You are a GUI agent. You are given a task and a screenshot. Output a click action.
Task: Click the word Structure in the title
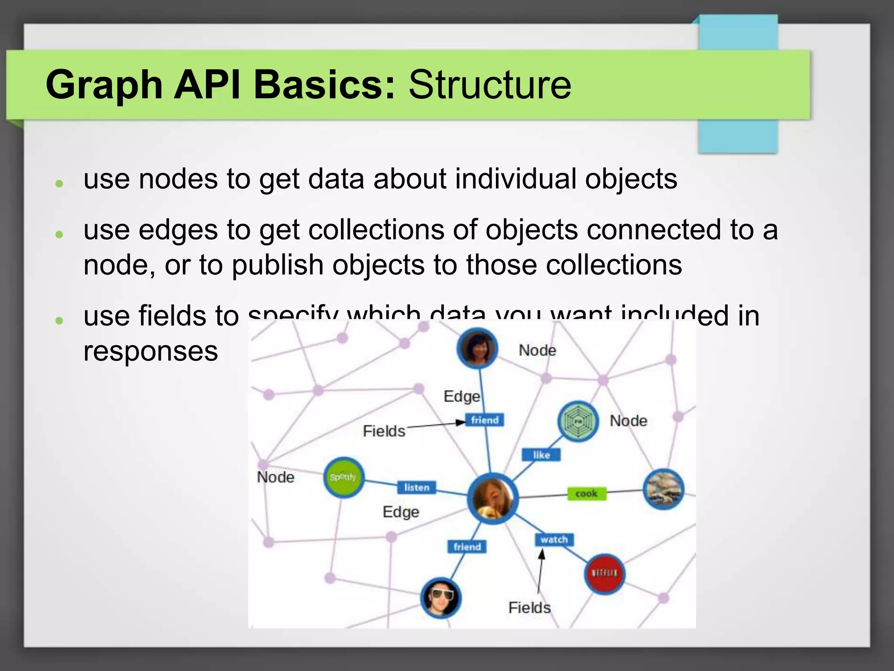(489, 85)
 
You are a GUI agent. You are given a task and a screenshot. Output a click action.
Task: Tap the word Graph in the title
(104, 86)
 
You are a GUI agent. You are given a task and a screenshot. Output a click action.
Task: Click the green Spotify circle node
(344, 477)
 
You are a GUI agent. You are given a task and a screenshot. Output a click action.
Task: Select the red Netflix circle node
(604, 574)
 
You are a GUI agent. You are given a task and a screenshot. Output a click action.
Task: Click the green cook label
(586, 494)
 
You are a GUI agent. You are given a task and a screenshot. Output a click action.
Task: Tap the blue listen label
(416, 487)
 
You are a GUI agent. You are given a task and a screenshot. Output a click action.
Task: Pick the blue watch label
(554, 540)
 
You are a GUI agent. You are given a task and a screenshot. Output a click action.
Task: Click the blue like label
(541, 455)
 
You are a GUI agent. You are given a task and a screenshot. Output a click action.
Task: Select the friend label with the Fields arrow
(485, 420)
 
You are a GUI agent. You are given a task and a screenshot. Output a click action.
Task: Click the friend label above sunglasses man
(467, 546)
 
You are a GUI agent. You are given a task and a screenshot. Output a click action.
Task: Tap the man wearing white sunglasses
(440, 598)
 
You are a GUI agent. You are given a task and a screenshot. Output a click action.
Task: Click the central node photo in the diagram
(492, 498)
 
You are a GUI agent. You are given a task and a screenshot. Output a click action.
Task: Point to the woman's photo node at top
(477, 348)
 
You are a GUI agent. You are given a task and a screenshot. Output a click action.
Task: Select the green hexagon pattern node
(578, 421)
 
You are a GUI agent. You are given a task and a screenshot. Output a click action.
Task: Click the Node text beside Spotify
(275, 477)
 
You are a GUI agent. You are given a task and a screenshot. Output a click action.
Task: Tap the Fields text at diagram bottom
(529, 608)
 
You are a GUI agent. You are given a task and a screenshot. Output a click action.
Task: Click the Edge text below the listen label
(401, 512)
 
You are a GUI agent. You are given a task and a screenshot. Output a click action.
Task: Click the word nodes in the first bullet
(178, 179)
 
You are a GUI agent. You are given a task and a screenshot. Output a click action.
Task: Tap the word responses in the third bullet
(150, 351)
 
